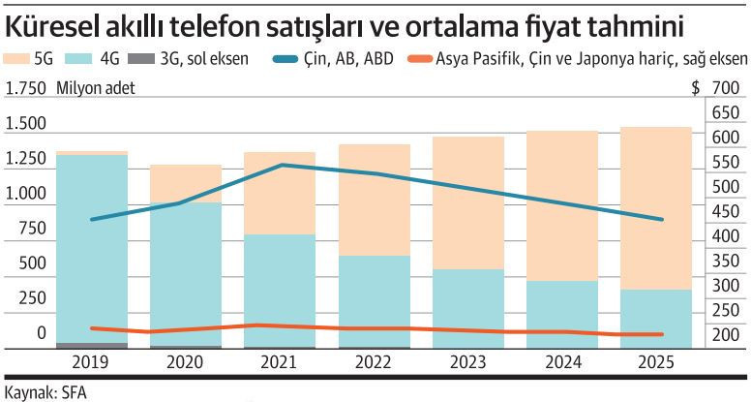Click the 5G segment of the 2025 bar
coord(655,208)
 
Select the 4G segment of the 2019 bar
coord(91,248)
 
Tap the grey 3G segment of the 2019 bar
coord(91,345)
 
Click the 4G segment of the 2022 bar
coord(374,300)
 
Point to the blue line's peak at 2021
coord(281,165)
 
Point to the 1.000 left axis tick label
coord(25,194)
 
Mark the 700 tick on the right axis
coord(724,89)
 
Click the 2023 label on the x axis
coord(467,364)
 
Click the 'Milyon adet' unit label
coord(96,89)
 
